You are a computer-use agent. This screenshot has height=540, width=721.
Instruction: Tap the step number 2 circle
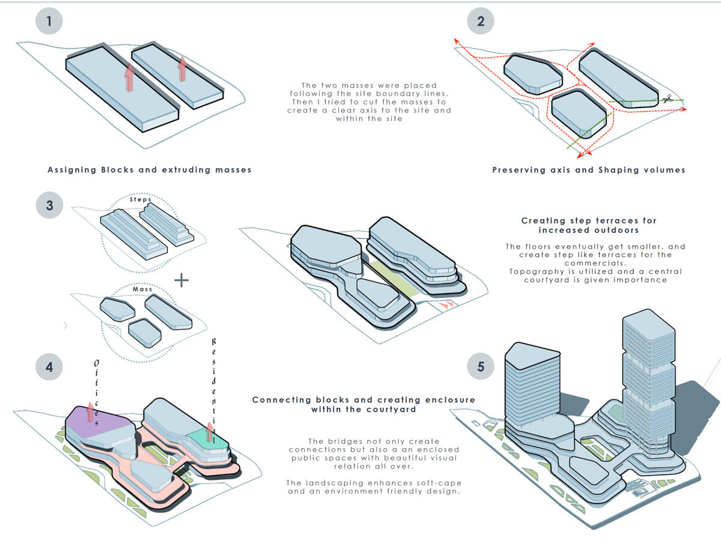pyautogui.click(x=480, y=22)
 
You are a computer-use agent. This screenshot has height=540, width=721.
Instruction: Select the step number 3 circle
pyautogui.click(x=50, y=205)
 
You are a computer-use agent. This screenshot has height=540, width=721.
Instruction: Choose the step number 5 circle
pyautogui.click(x=480, y=366)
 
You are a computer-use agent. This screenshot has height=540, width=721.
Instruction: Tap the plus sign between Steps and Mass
pyautogui.click(x=181, y=280)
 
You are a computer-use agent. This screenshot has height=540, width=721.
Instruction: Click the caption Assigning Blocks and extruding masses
pyautogui.click(x=150, y=170)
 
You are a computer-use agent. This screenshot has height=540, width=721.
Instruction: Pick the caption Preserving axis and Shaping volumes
pyautogui.click(x=589, y=170)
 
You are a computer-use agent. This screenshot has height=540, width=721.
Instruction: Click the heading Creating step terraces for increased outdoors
pyautogui.click(x=589, y=225)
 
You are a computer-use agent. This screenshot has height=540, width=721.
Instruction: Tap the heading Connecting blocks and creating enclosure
pyautogui.click(x=364, y=404)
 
